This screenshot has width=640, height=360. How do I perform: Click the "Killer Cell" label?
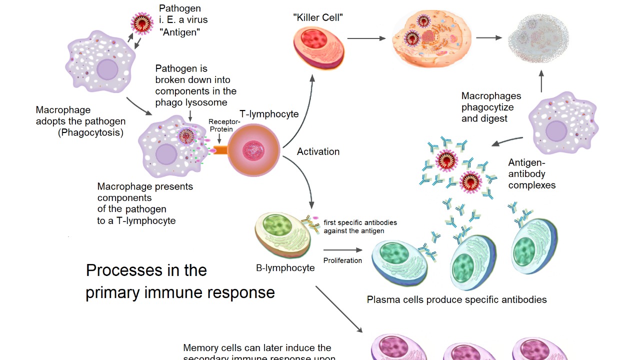coord(317,17)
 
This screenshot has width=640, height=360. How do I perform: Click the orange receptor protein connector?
coord(219,150)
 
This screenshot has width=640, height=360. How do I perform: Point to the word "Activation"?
coord(318,151)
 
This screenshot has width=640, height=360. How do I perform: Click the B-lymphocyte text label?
coord(285,268)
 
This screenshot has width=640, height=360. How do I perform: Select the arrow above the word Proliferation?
coord(342,250)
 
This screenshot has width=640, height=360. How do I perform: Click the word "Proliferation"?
coord(342,260)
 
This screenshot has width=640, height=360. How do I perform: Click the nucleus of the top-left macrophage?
coord(107,69)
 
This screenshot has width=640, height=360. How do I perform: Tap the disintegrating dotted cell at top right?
coord(538,38)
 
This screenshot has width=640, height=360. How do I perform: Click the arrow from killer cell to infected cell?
coord(366,38)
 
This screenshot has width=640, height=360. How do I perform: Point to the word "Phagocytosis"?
coord(90,132)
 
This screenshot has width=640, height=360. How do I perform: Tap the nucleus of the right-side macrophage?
coord(556,131)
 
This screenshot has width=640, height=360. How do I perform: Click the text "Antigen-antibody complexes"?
coord(531,174)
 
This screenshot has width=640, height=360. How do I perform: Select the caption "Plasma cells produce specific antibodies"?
coord(456,299)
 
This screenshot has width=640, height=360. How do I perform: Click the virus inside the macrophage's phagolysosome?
coord(186,135)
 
